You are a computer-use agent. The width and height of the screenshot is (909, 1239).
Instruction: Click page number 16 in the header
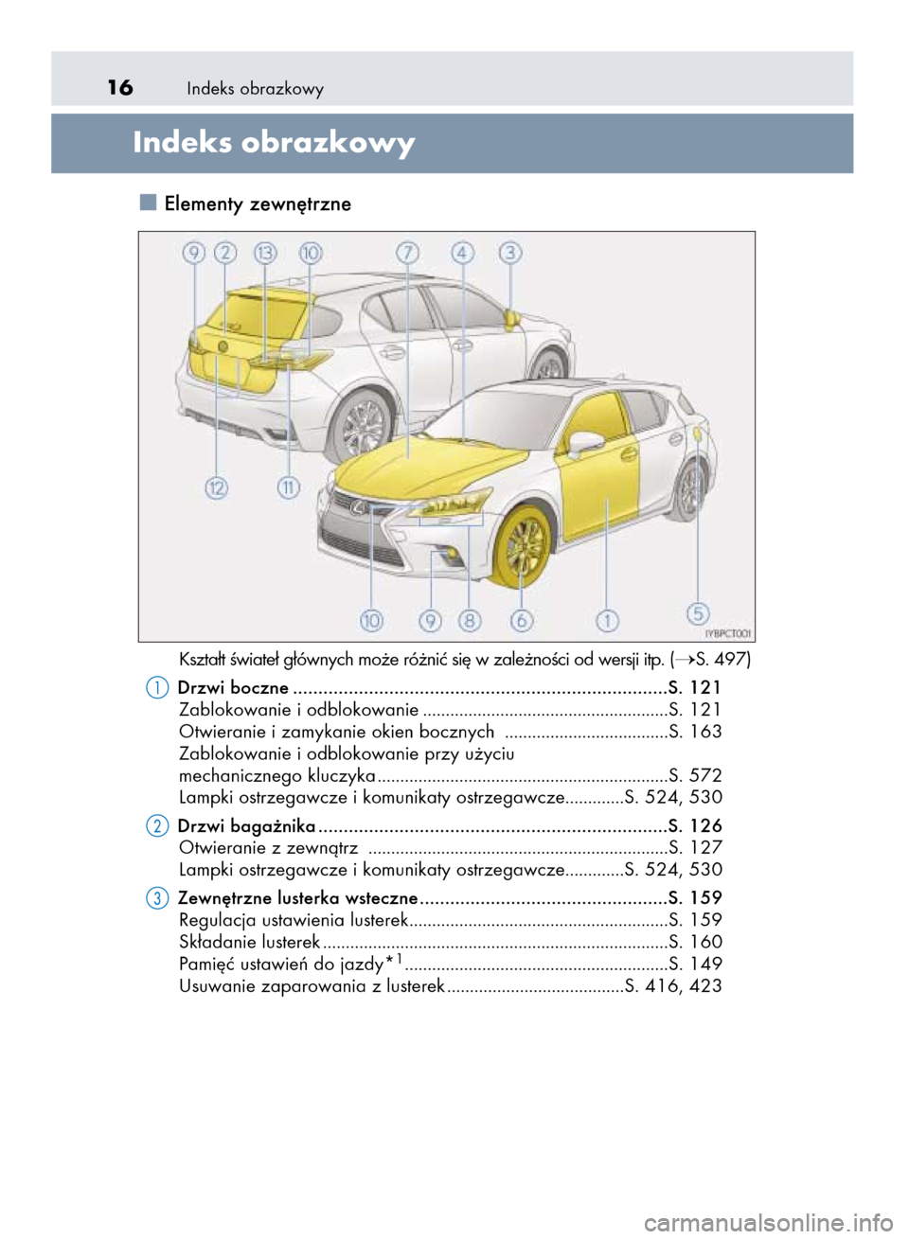120,88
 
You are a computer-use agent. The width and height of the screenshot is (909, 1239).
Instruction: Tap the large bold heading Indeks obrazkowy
274,142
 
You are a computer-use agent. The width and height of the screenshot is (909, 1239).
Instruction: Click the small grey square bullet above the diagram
147,202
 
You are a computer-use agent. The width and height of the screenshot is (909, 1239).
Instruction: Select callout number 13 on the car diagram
265,253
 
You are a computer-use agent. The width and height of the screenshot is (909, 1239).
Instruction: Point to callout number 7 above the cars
407,253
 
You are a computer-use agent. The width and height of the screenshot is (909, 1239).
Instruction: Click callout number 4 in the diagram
462,253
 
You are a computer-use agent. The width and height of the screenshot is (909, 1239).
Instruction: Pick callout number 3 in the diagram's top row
510,253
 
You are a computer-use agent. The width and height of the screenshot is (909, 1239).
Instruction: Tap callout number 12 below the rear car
217,487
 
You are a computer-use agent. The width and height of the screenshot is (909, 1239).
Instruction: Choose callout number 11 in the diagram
288,487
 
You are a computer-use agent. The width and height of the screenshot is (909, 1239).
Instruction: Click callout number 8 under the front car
470,621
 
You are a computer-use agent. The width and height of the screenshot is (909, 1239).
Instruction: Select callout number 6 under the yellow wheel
522,621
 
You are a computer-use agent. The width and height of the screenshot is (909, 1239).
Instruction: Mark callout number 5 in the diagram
698,613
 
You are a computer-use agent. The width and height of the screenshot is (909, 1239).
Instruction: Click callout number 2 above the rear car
225,253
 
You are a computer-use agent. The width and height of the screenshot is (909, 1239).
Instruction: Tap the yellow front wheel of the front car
522,546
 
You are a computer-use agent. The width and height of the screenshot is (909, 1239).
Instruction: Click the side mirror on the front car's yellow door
584,443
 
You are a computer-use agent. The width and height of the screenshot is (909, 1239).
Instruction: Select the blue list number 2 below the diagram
158,826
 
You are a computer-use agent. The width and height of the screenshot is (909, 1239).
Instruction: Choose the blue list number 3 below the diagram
158,897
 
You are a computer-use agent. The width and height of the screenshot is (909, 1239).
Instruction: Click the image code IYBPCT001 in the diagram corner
728,633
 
